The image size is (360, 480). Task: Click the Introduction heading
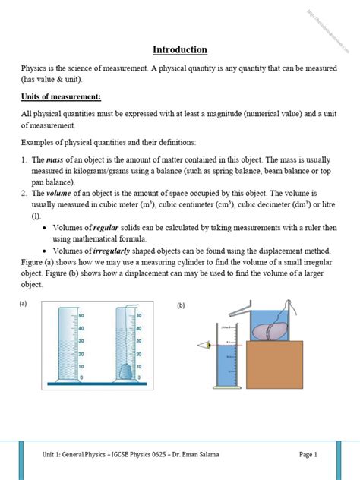(x=180, y=50)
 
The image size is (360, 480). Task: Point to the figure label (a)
(x=24, y=303)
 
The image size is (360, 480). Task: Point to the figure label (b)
(x=182, y=305)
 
